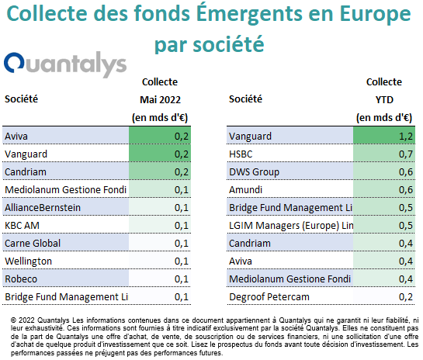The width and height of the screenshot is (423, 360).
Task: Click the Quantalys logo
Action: point(65,64)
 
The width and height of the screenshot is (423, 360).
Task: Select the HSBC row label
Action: point(241,154)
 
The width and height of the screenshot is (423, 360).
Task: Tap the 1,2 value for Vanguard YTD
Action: point(406,137)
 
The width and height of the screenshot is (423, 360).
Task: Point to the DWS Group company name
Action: point(254,172)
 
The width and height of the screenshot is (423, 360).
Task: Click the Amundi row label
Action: point(245,190)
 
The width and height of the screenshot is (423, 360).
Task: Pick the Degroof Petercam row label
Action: point(269,297)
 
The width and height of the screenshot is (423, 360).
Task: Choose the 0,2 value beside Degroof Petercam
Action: point(406,297)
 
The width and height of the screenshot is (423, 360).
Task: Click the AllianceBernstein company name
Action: point(43,208)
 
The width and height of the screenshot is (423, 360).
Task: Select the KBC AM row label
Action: point(23,226)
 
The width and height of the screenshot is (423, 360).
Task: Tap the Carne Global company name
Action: point(33,244)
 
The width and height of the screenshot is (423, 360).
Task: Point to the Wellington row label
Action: point(28,261)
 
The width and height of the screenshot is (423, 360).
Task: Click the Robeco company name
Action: point(21,279)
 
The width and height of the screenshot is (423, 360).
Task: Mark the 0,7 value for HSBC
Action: point(406,154)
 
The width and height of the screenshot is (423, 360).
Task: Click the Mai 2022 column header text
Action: point(160,100)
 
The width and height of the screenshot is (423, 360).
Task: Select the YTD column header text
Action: point(384,100)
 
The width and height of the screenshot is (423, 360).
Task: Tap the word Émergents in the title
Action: point(249,13)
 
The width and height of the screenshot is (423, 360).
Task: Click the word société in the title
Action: point(228,44)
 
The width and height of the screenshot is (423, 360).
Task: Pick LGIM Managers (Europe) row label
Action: point(291,226)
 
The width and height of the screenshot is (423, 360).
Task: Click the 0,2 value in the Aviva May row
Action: point(182,137)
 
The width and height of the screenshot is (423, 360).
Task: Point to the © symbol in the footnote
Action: point(13,320)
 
